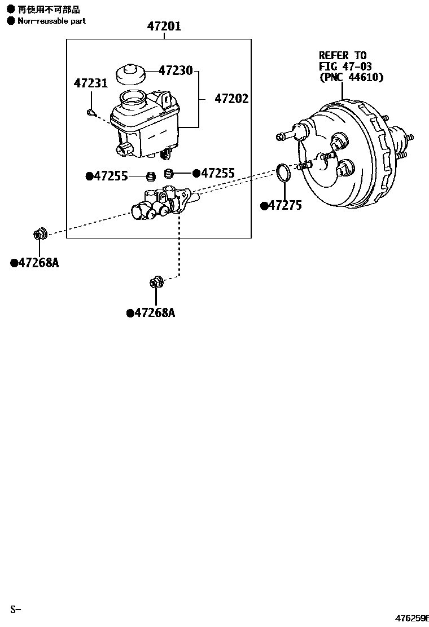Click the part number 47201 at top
164,26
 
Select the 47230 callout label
176,71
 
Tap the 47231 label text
90,84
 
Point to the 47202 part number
231,99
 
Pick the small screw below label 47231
90,112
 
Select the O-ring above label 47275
284,173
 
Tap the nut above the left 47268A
40,233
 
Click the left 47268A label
37,263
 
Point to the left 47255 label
110,176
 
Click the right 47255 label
217,174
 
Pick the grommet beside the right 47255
168,173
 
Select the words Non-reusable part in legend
51,21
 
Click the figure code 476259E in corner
412,618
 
